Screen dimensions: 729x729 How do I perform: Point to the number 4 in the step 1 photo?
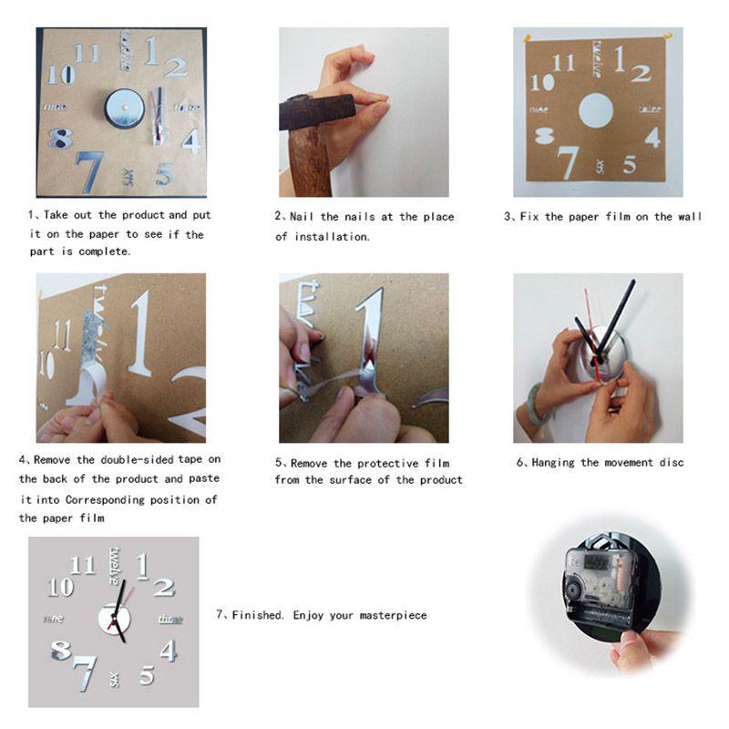(x=190, y=140)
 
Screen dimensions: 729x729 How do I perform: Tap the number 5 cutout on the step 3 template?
(x=629, y=165)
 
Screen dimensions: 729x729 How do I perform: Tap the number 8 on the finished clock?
(x=62, y=651)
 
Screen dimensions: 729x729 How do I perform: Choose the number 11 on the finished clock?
(x=83, y=566)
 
